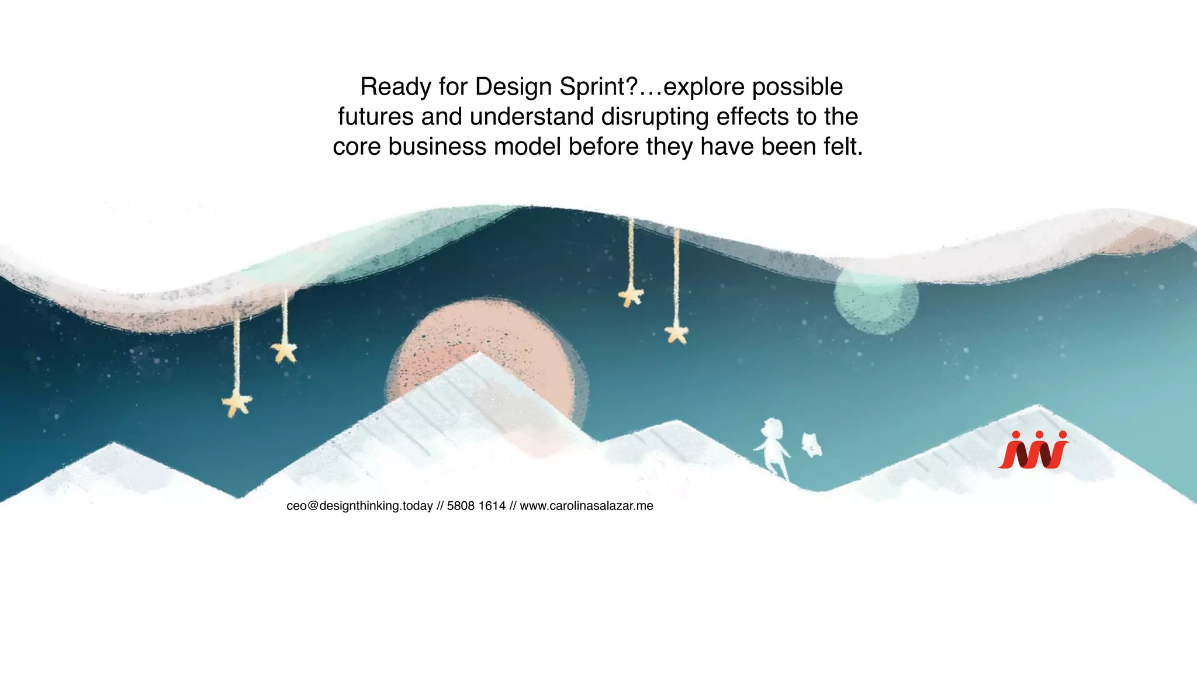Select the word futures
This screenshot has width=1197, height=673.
[x=375, y=117]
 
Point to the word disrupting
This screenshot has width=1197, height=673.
[x=655, y=117]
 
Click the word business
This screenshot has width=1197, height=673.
[x=437, y=147]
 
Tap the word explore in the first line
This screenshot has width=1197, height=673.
[x=704, y=87]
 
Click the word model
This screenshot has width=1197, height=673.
[x=527, y=147]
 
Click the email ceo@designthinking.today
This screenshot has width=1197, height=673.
[x=359, y=506]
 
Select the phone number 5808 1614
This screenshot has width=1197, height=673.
[x=476, y=506]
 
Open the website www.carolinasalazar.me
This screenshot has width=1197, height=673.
[x=586, y=506]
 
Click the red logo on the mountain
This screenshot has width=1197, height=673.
[x=1033, y=450]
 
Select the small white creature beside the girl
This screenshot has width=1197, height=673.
[x=811, y=445]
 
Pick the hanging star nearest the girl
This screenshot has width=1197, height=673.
[x=677, y=334]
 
